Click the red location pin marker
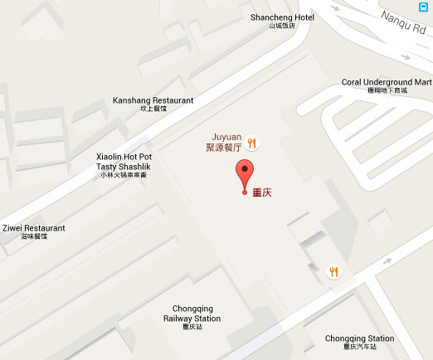click(244, 177)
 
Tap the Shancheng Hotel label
click(282, 17)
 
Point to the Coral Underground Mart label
click(387, 82)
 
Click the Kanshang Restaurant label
click(153, 100)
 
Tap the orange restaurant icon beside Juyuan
click(252, 143)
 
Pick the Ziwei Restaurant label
click(33, 227)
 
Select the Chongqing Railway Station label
click(192, 313)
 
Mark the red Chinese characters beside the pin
click(263, 194)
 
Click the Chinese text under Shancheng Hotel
click(282, 27)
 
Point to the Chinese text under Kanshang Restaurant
click(153, 109)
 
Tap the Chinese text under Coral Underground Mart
click(387, 90)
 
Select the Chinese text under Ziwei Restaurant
click(33, 237)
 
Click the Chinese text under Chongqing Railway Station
click(192, 327)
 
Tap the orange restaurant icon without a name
click(333, 271)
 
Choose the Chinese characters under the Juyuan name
click(223, 148)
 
